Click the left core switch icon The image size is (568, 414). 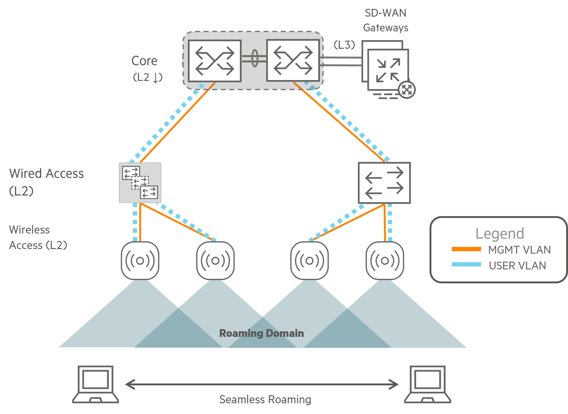215,61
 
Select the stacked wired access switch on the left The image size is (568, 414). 140,183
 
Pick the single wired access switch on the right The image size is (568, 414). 384,183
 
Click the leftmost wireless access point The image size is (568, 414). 140,261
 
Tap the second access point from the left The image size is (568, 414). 215,261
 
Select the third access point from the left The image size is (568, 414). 309,261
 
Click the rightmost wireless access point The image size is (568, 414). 385,261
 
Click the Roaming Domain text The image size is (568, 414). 261,333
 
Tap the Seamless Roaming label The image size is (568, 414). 265,399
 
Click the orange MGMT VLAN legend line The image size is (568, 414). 466,249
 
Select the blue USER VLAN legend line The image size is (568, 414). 466,264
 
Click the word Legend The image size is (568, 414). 500,234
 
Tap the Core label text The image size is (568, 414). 144,61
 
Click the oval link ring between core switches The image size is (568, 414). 254,58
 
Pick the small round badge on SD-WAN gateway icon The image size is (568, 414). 407,90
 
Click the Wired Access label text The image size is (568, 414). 47,174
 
